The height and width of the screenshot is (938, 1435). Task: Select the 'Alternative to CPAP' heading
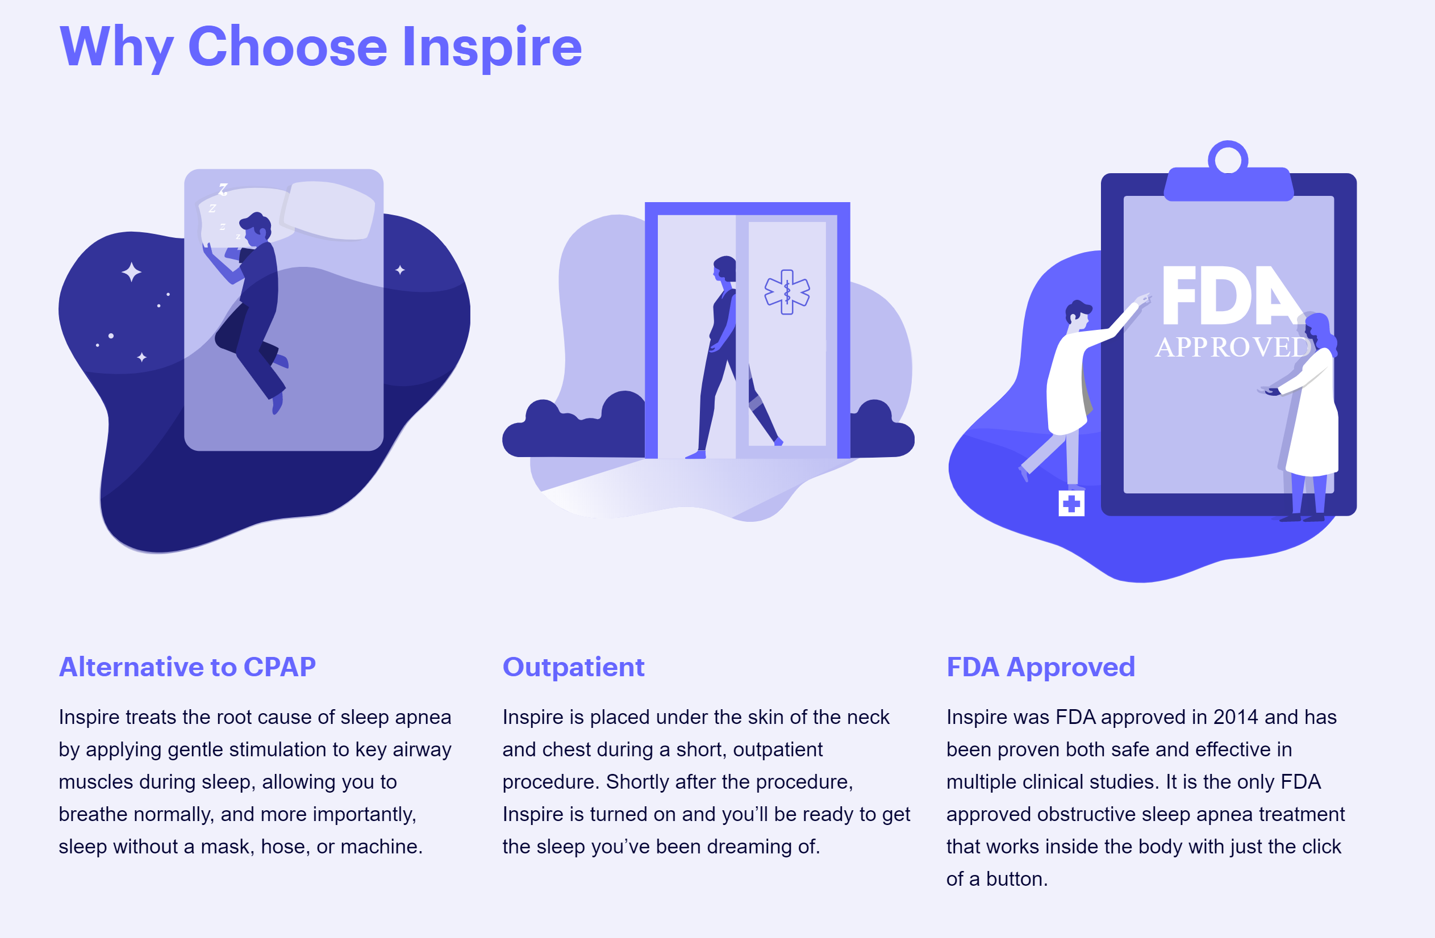pos(187,667)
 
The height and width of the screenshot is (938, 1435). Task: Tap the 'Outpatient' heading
pos(573,668)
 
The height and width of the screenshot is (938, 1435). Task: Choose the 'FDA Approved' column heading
pos(1041,668)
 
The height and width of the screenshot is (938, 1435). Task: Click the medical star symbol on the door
pos(787,292)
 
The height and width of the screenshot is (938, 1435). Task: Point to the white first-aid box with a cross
pos(1071,503)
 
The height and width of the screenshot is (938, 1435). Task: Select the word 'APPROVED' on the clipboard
pos(1233,347)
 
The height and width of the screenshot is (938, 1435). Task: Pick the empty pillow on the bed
pos(328,210)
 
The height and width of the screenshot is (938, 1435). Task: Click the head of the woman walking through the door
pos(725,269)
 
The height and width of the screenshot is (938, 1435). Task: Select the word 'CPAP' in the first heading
pos(280,667)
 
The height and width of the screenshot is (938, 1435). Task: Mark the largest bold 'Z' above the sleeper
pos(223,189)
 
